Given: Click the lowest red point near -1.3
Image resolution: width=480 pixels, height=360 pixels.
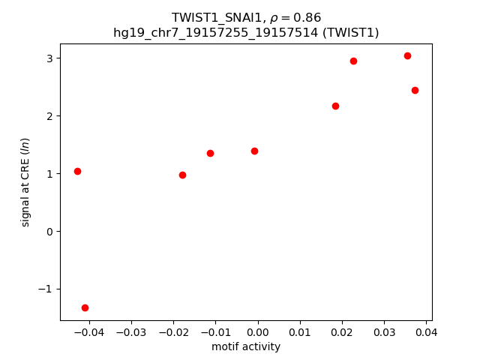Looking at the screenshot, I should coord(85,307).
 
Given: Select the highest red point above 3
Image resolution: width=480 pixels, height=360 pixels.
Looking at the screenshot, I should coord(407,55).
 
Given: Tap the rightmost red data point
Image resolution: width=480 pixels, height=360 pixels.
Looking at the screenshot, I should coord(415,90).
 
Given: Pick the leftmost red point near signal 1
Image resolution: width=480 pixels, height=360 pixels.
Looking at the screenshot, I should coord(77,171).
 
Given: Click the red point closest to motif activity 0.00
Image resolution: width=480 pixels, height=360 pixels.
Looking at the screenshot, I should coord(254,151).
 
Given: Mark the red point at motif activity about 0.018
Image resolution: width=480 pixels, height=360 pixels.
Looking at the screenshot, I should coord(335,106).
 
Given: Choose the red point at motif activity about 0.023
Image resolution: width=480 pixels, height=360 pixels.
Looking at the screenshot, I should coord(353,61).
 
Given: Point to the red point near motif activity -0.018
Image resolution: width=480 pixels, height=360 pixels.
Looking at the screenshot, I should coord(182,175).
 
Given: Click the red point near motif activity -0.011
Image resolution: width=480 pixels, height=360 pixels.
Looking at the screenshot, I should coord(210,153).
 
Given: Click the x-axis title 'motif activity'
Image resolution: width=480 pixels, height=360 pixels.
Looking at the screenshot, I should coord(246,346).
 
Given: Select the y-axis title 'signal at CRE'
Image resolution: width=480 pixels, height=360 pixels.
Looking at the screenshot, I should coord(25,181).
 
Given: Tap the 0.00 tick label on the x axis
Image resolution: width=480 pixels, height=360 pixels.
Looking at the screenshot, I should coord(258,331).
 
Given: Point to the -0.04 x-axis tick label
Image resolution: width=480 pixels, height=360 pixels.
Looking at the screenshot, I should coord(88,331).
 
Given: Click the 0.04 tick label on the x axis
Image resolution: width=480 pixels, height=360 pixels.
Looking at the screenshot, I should coord(426,331).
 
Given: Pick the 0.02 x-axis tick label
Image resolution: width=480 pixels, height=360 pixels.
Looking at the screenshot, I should coord(342,331).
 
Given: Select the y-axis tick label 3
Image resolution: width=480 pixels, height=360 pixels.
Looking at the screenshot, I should coord(51,58).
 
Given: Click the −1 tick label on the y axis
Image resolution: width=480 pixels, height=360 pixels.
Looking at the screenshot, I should coord(46,289).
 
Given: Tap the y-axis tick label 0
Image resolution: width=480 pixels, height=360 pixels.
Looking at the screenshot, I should coord(51,231).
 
